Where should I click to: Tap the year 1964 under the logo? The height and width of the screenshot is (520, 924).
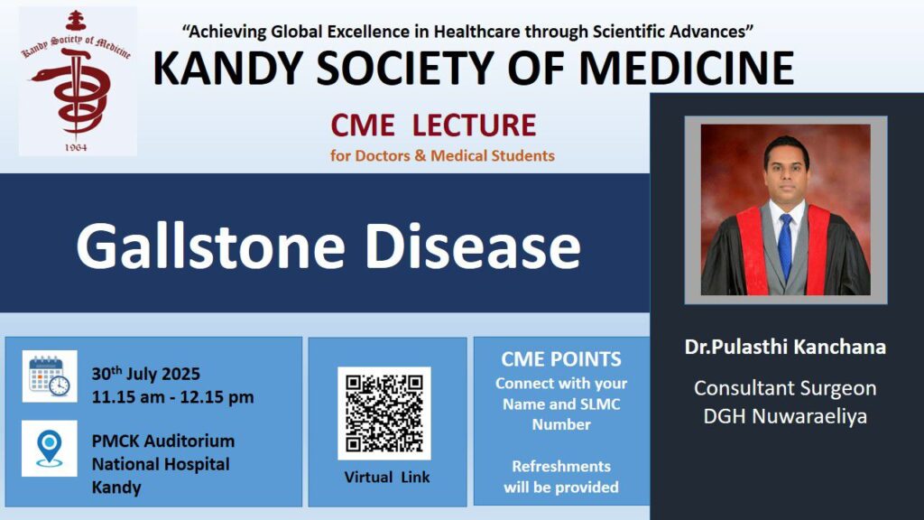click(x=76, y=147)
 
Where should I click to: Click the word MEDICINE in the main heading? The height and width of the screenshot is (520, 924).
click(x=687, y=69)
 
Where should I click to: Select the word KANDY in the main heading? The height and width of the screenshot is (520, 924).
click(x=228, y=69)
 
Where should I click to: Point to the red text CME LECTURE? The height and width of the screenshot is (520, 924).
click(x=433, y=125)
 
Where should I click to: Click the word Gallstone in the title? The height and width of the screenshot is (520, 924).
click(x=210, y=246)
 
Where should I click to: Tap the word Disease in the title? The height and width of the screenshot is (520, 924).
click(x=473, y=246)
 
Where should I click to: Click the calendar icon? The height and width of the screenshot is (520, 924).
click(x=50, y=376)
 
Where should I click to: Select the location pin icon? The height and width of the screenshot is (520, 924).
click(x=50, y=448)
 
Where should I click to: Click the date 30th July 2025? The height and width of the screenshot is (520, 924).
click(x=145, y=373)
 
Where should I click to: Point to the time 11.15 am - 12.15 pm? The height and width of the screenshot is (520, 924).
click(x=172, y=397)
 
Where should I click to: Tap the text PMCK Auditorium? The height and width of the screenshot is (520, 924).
click(x=163, y=441)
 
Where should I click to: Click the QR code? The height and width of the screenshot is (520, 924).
click(x=384, y=413)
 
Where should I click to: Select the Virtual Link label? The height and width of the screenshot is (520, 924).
click(x=387, y=477)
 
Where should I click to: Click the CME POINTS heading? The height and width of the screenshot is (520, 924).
click(x=561, y=359)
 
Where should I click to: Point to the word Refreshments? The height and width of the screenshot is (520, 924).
click(x=561, y=467)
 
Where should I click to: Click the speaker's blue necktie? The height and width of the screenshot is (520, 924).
click(x=785, y=246)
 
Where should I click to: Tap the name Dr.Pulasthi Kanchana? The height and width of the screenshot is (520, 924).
click(x=785, y=347)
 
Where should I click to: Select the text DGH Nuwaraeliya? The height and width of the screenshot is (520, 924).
click(x=785, y=416)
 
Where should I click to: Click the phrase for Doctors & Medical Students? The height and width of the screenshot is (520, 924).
click(x=442, y=155)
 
